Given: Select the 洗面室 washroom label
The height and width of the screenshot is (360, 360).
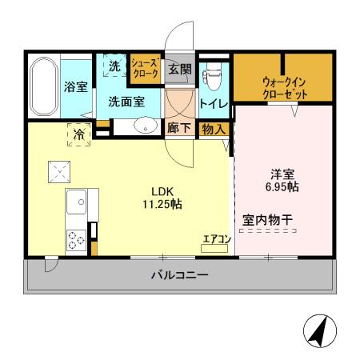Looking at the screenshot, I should pos(126,102).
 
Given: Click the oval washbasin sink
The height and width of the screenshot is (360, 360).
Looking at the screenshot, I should pos(145,125).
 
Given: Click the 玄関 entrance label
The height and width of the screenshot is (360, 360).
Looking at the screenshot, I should pos(179,70).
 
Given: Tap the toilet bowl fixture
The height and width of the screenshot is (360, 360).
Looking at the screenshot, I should pos(211,76).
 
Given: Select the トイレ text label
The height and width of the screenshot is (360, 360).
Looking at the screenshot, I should pos(214,103).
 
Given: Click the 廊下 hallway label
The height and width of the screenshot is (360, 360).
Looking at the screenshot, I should pos(178,128).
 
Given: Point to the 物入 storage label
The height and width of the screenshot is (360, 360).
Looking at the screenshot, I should pos(212,129).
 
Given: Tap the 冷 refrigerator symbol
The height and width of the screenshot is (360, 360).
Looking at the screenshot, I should pos(79,136).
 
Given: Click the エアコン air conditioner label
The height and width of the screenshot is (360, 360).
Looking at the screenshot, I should pos(216,238).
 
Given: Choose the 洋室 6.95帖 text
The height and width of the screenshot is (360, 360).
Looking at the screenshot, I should pos(282,181).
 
